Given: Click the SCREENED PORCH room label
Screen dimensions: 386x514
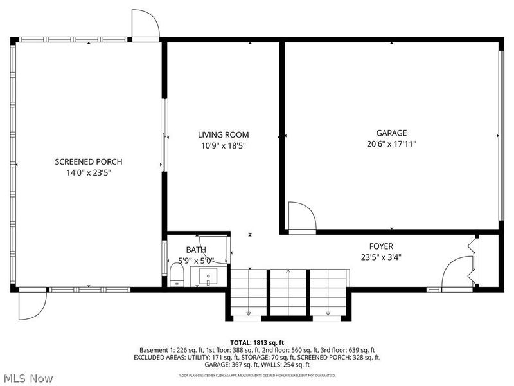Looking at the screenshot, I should pos(88,161).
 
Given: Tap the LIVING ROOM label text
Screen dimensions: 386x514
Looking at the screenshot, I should pos(223,134).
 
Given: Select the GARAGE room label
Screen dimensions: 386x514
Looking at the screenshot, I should pos(391,133).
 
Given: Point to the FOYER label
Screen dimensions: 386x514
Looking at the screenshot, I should pos(381,246).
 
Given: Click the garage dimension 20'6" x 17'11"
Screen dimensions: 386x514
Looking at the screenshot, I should pos(391,144).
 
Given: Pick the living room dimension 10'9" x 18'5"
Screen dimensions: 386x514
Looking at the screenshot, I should pos(223,145).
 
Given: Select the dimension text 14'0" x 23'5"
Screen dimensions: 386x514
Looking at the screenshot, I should pos(88,172).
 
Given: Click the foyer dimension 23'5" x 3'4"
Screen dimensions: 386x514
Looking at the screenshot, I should pos(381,257).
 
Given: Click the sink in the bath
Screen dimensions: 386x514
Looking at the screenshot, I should pos(209,278).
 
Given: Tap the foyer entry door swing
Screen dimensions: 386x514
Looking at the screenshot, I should pos(458,273).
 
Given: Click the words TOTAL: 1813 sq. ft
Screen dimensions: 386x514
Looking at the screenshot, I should pos(256,342).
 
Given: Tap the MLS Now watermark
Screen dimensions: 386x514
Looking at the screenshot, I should pos(28,378).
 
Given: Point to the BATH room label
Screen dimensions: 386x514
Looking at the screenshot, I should pos(196,250).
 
